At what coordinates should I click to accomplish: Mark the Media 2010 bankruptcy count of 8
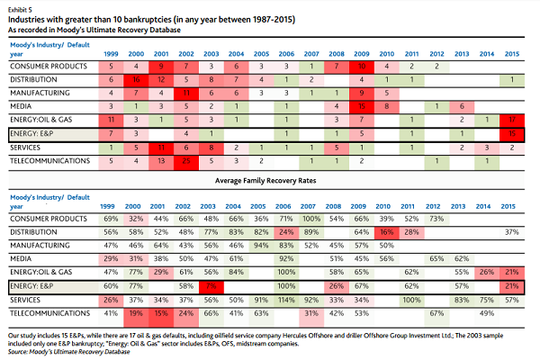pyautogui.click(x=384, y=106)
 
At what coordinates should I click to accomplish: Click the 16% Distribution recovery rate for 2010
pyautogui.click(x=384, y=232)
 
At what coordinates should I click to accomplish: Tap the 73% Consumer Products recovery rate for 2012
pyautogui.click(x=435, y=219)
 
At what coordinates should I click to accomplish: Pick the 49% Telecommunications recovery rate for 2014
pyautogui.click(x=485, y=313)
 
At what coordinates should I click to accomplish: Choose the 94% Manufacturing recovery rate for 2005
pyautogui.click(x=260, y=246)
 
